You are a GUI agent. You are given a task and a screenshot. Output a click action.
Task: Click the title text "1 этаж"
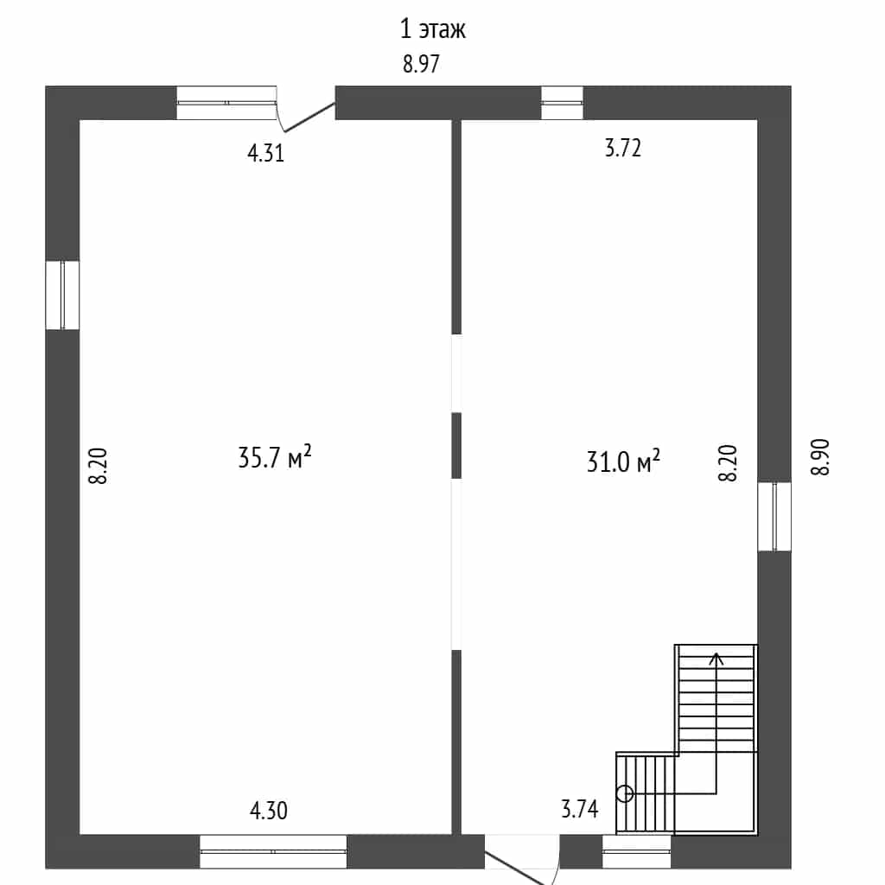(x=432, y=29)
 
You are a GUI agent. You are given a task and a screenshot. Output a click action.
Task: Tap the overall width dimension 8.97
(x=421, y=64)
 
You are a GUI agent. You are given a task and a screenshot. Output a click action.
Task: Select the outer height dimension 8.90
(x=820, y=457)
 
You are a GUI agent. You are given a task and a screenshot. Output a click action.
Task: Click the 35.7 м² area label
(x=274, y=457)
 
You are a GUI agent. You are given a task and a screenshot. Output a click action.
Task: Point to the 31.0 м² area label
(x=623, y=462)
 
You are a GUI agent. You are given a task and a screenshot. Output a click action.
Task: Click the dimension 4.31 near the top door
(x=266, y=153)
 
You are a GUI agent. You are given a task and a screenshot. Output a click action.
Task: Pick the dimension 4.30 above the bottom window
(x=269, y=811)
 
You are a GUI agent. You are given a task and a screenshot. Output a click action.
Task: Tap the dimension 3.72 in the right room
(x=622, y=148)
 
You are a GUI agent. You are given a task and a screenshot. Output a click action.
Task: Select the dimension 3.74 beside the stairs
(x=580, y=809)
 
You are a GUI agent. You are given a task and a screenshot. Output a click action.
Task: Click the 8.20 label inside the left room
(x=98, y=466)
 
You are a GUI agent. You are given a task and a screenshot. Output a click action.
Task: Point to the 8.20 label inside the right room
(x=728, y=463)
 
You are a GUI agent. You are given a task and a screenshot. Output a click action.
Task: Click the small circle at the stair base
(x=624, y=793)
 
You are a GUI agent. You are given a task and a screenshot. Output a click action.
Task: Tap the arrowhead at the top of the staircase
(x=716, y=658)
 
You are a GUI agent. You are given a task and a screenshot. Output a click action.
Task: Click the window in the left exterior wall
(x=62, y=295)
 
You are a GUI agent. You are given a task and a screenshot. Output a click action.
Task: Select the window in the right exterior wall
(x=774, y=516)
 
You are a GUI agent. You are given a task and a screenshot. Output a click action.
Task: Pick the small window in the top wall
(x=562, y=103)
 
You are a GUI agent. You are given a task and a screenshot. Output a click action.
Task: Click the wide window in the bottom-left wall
(x=273, y=851)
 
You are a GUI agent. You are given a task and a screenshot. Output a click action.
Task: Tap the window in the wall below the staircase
(x=637, y=851)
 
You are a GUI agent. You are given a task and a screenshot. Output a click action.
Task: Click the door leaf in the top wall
(x=309, y=118)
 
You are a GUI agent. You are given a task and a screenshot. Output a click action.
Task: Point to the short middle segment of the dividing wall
(x=456, y=445)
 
